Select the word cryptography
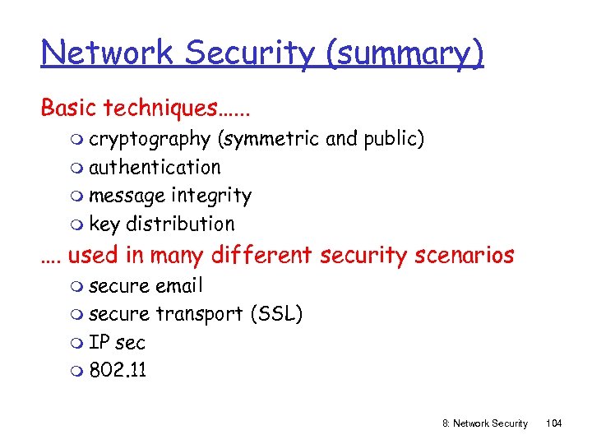point(150,140)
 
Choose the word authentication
point(155,168)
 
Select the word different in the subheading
point(262,256)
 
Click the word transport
point(199,314)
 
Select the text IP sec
point(117,343)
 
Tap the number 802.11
point(118,371)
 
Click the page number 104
point(553,423)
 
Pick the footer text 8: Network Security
point(485,423)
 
